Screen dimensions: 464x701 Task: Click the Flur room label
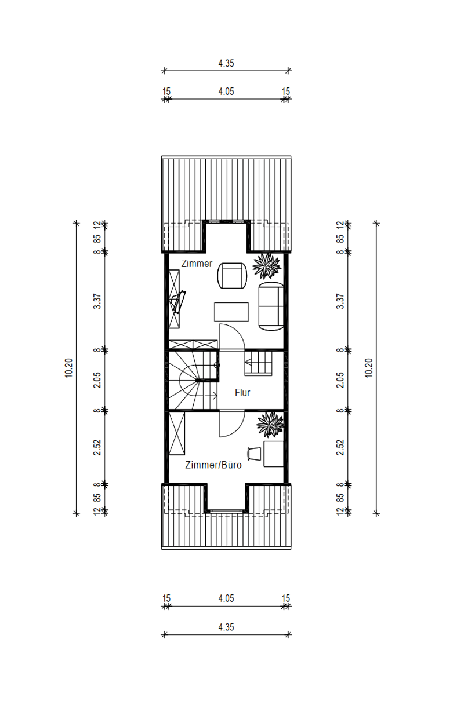click(242, 393)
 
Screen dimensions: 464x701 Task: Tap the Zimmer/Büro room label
click(213, 465)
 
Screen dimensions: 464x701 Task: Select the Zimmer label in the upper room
click(197, 264)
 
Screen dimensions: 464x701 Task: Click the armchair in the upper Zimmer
click(232, 276)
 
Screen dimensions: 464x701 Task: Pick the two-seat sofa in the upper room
click(271, 306)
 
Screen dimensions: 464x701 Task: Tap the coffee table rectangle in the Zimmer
click(231, 312)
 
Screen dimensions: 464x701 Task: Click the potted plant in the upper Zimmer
click(267, 266)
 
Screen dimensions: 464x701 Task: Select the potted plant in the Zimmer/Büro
click(270, 425)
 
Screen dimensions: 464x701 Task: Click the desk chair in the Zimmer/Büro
click(254, 454)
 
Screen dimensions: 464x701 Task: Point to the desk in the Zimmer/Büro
click(274, 454)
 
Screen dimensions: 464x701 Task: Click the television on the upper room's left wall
click(177, 302)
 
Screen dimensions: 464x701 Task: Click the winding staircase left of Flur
click(193, 380)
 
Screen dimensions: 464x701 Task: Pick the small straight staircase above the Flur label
click(258, 363)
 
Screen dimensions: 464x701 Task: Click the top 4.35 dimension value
click(226, 63)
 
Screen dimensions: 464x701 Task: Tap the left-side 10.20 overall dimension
click(68, 368)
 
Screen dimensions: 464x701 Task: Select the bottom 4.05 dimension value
click(226, 598)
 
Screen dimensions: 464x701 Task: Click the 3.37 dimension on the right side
click(340, 301)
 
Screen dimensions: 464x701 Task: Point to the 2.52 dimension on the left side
click(97, 447)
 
